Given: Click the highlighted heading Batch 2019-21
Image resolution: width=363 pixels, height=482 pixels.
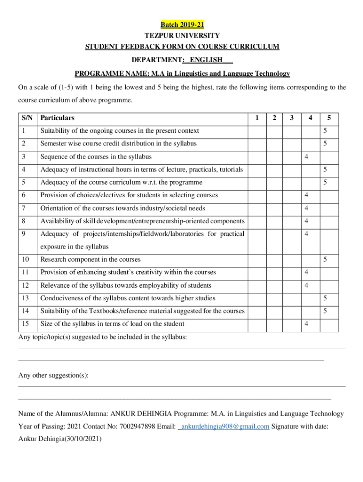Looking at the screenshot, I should click(x=182, y=24).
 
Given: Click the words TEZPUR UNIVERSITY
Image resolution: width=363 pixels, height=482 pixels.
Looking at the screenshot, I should click(x=182, y=36).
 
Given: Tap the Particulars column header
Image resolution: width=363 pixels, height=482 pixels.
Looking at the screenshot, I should click(x=58, y=118).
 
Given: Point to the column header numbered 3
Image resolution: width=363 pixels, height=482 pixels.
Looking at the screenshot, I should click(x=292, y=118).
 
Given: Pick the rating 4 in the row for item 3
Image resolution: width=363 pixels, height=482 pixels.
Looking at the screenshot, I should click(x=306, y=157).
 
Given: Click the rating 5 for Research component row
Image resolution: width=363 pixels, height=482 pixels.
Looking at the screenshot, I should click(x=324, y=259).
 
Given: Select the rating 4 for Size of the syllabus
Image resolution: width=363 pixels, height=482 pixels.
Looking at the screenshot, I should click(x=306, y=324).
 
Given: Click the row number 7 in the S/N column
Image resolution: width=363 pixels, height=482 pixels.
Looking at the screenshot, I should click(x=24, y=208).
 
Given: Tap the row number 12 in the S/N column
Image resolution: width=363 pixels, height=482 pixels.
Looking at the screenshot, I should click(x=25, y=285).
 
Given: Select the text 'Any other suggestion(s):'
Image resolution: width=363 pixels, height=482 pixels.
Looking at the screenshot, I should click(x=53, y=375).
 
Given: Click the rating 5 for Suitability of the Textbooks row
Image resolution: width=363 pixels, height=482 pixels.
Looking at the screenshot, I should click(x=324, y=311).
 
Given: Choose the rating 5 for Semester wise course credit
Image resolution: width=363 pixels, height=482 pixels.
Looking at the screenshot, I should click(x=324, y=144).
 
